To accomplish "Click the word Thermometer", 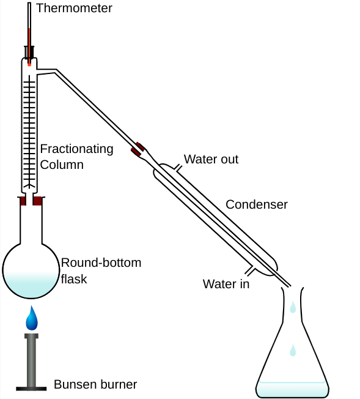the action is point(74,8).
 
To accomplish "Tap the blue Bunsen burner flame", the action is point(32,319).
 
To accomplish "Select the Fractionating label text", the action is point(76,149).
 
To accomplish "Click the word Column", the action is point(62,165).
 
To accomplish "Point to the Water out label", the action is point(211,159).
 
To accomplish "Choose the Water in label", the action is point(226,284).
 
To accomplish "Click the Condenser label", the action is point(257,204).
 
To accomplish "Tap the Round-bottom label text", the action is point(101,263).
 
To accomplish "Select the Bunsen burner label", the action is point(95,384).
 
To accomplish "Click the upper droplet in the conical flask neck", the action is point(293,307).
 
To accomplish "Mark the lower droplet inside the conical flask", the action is point(293,351).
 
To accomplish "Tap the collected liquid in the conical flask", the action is point(292,389).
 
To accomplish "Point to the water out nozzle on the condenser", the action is point(178,168).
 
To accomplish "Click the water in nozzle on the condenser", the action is point(249,271).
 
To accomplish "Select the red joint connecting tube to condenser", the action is point(138,149).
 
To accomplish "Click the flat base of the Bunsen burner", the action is point(31,389).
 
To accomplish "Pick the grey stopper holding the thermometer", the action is point(29,52).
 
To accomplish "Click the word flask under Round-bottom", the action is point(74,279).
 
